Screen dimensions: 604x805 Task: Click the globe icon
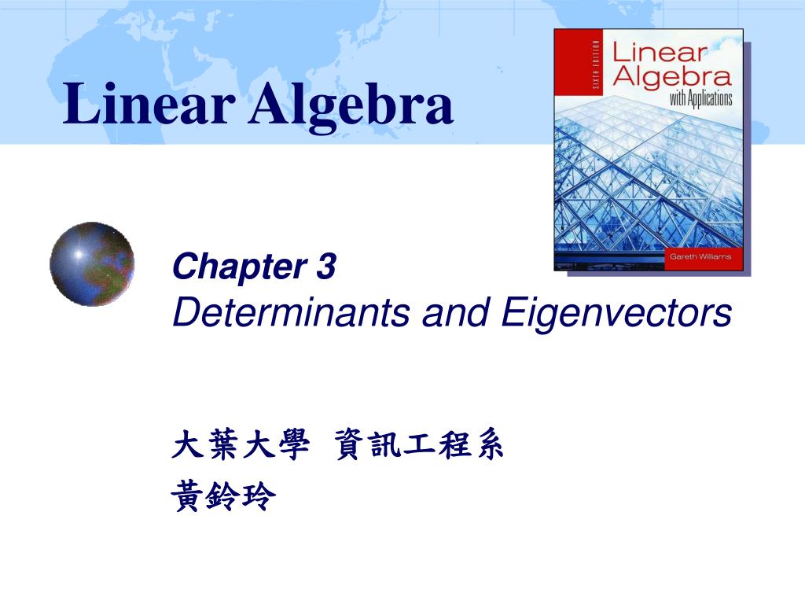coord(92,264)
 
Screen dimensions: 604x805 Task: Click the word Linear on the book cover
coord(660,53)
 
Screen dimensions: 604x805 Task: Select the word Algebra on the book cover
coord(671,76)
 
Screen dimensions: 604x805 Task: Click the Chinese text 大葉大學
coord(237,447)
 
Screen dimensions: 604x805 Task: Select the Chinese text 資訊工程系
coord(419,447)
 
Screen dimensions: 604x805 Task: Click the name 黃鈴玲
coord(224,496)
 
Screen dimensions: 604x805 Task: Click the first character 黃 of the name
coord(188,496)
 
